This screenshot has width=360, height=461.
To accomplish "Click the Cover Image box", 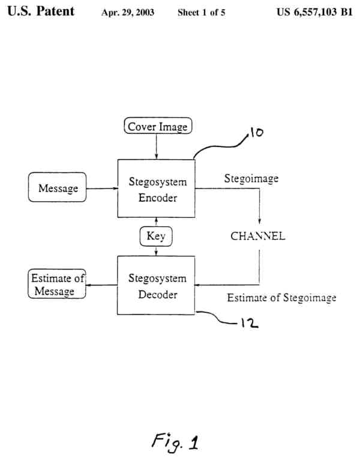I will (157, 127).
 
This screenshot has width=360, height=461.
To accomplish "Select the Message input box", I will (58, 188).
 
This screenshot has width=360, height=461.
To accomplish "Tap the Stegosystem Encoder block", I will (157, 188).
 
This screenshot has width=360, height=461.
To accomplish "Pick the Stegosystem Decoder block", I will (157, 286).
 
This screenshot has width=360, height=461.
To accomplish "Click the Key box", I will (156, 236).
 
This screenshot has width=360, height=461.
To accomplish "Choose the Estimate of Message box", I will (57, 285).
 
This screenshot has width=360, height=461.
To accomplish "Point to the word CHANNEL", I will (258, 236).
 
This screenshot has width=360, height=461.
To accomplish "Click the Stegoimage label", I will (251, 179).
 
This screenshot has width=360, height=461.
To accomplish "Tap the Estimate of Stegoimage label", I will (281, 298).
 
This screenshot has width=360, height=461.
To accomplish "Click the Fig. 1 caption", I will (176, 442).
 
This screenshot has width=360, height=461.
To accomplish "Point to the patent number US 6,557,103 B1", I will (314, 12).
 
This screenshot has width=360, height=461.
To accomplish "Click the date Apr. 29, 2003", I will (128, 12).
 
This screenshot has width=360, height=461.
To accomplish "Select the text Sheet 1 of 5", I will (201, 12).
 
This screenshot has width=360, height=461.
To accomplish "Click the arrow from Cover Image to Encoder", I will (156, 146).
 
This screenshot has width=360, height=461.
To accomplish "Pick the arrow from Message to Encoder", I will (102, 188).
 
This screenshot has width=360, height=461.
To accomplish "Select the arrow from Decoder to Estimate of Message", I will (101, 285).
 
